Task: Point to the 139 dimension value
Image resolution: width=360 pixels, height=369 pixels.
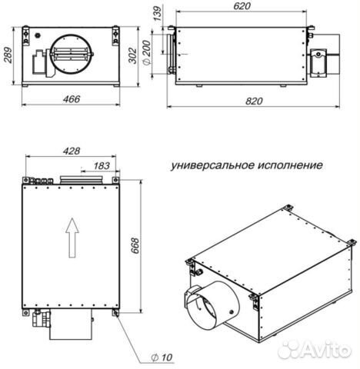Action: click(x=157, y=12)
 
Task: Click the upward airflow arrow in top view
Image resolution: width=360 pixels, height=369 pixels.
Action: click(x=71, y=234)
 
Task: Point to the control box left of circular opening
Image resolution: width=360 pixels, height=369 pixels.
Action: click(x=38, y=60)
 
